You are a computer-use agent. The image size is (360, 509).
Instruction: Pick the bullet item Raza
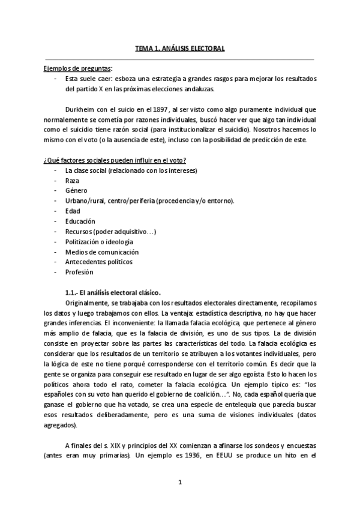[73, 180]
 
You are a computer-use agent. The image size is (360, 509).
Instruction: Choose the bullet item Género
[76, 190]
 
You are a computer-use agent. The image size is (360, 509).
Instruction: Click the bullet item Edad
[73, 211]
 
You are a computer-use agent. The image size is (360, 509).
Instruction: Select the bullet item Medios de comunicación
[102, 251]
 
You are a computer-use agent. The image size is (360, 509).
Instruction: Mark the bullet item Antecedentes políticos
[99, 262]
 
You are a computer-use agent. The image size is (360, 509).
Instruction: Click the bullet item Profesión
[79, 272]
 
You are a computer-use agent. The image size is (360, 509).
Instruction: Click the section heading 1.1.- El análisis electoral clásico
[113, 292]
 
